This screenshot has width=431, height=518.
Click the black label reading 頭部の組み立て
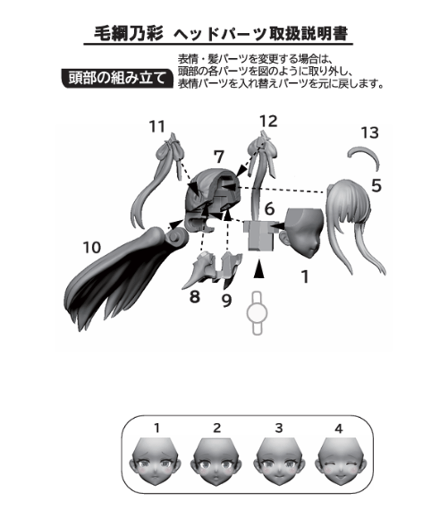(117, 79)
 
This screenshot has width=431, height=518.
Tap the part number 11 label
(157, 126)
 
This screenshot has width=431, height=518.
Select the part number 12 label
(268, 121)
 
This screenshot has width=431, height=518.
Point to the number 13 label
(370, 133)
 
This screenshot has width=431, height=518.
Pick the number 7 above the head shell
(219, 156)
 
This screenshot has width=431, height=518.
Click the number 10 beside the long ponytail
(92, 248)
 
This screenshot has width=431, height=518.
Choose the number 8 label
(194, 297)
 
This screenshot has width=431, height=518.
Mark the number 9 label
(227, 301)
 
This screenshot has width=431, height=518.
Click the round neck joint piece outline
(257, 313)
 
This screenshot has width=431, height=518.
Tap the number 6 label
(269, 209)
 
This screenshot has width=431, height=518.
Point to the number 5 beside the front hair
(376, 186)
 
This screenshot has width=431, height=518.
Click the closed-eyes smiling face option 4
(339, 461)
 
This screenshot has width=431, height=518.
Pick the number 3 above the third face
(279, 428)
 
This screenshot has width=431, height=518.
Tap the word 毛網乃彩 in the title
(129, 33)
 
